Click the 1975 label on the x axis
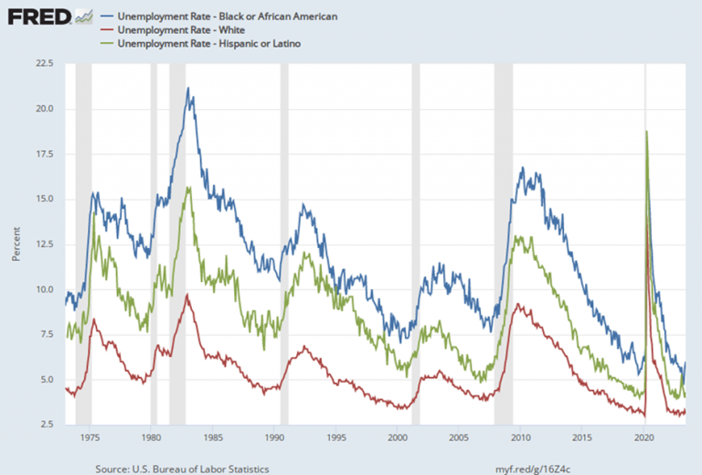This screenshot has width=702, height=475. [x=89, y=437]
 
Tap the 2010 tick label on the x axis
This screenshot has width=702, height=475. [x=522, y=437]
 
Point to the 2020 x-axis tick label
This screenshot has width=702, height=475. [x=645, y=437]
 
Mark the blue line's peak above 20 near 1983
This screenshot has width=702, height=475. [x=187, y=88]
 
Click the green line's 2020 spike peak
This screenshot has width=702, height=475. [x=647, y=131]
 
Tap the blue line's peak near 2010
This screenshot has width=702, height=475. [x=522, y=167]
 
